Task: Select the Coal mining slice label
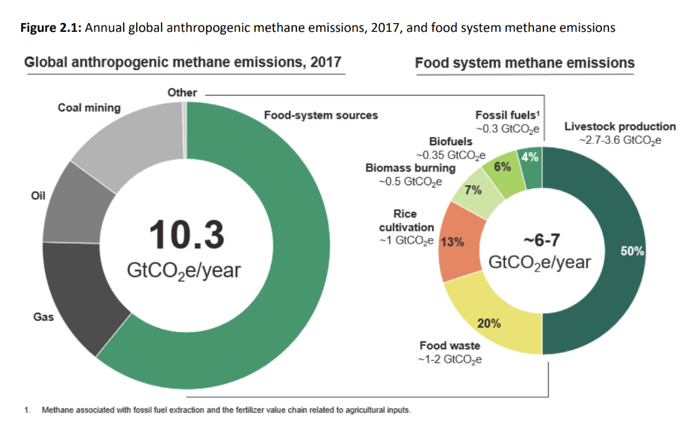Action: [x=89, y=107]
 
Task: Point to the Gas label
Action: [x=43, y=317]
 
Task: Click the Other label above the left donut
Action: [x=182, y=92]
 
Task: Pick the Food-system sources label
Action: [x=321, y=115]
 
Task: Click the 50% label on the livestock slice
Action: [x=633, y=251]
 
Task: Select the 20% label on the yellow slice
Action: [x=489, y=323]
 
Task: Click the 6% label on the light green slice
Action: [x=502, y=166]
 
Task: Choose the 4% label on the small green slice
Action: [x=530, y=158]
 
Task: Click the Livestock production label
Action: [x=620, y=127]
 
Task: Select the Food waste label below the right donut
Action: [x=449, y=345]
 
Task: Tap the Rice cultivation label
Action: [x=405, y=221]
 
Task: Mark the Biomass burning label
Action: [x=410, y=168]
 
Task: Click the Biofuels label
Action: [x=451, y=142]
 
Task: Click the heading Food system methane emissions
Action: [x=524, y=63]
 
